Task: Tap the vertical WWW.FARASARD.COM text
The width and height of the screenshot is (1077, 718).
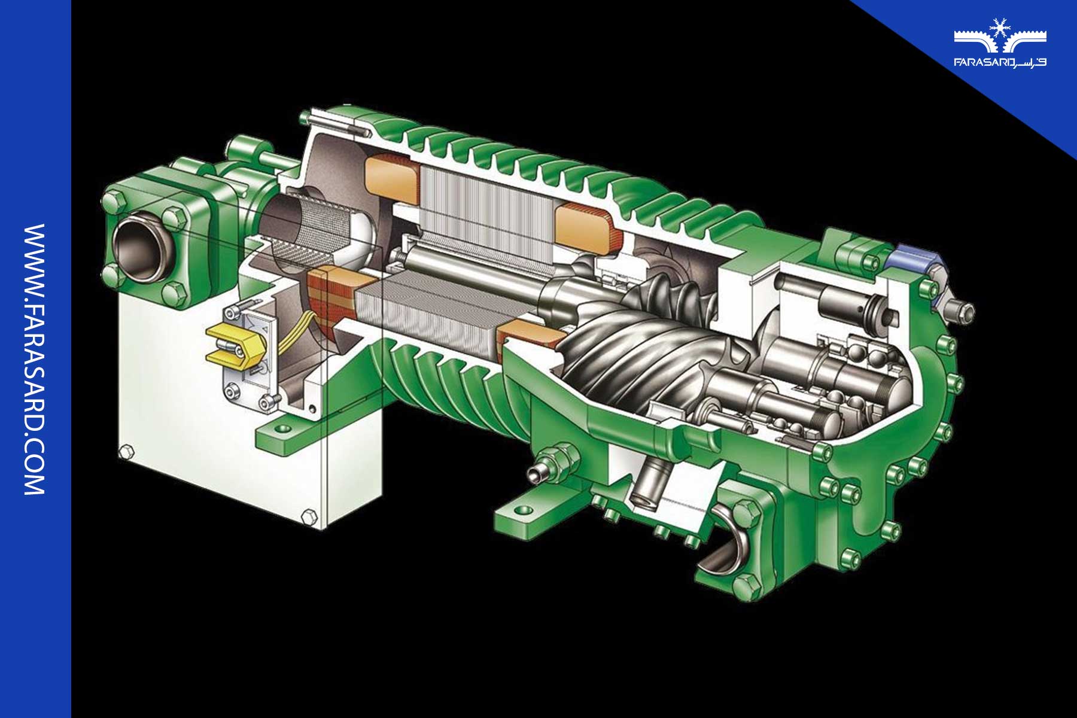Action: pos(34,359)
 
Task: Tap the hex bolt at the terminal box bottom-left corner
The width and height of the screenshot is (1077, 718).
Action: pos(126,452)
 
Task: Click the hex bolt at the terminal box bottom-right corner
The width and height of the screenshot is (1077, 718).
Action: pos(309,516)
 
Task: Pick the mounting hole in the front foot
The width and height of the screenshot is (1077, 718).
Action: pos(524,510)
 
